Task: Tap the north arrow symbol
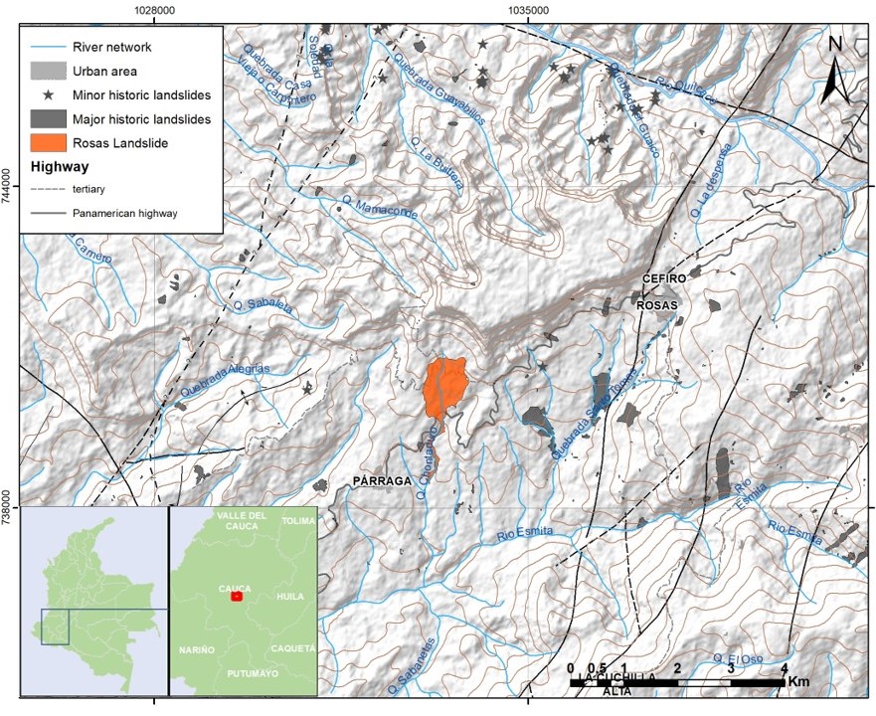(837, 70)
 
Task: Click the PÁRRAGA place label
(382, 481)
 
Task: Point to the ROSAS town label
(658, 304)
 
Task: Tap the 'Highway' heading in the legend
(60, 167)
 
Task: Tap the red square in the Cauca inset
(236, 597)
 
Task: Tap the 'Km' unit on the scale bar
(798, 683)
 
